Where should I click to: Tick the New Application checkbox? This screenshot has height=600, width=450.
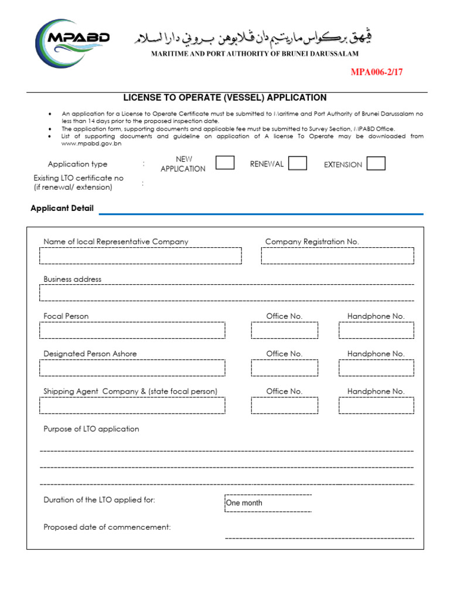(x=225, y=163)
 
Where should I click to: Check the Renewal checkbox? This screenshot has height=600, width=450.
(x=298, y=163)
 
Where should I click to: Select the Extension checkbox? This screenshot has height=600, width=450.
(x=376, y=163)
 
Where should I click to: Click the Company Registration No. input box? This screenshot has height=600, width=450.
(x=337, y=255)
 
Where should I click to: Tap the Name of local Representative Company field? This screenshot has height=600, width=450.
(x=141, y=255)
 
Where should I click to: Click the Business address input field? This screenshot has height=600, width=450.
(x=227, y=292)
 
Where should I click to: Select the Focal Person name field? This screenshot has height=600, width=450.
(x=132, y=330)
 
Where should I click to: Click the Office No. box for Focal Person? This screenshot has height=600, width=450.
(x=284, y=330)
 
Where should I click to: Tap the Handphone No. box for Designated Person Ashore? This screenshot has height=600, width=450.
(x=376, y=368)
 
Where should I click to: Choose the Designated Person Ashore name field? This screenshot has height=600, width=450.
(x=132, y=368)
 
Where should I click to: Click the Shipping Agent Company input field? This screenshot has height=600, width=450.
(x=132, y=405)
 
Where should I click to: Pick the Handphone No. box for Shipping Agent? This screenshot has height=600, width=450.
(x=376, y=405)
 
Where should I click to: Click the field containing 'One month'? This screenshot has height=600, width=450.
(x=268, y=503)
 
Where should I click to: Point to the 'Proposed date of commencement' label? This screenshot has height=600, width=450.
(x=107, y=527)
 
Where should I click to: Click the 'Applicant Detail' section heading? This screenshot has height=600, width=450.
(x=62, y=209)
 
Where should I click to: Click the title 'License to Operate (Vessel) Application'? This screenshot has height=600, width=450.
(x=224, y=98)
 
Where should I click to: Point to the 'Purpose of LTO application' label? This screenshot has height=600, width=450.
(x=91, y=429)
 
